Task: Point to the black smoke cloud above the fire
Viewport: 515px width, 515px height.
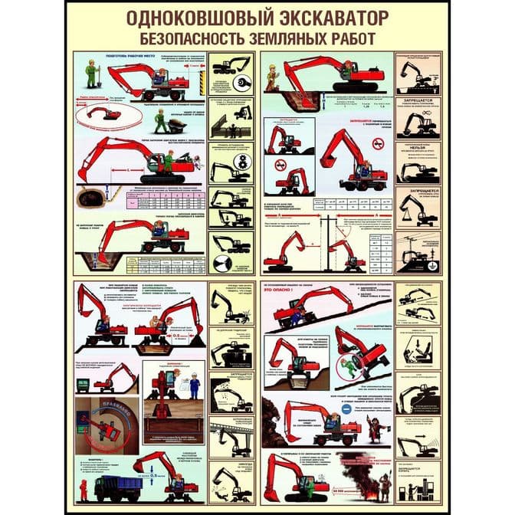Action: [365, 458]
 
